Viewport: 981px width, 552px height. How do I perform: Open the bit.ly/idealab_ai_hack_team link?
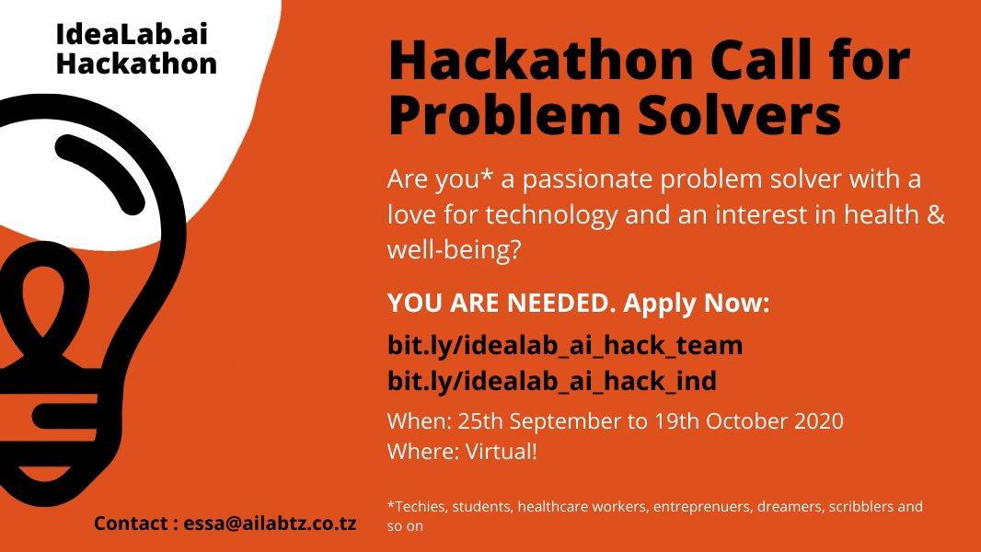click(x=564, y=347)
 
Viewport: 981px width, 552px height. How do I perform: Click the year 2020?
click(x=818, y=421)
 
